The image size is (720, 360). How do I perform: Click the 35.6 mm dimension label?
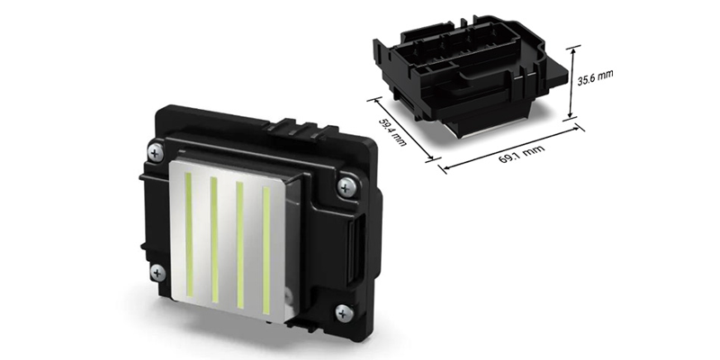pyautogui.click(x=594, y=81)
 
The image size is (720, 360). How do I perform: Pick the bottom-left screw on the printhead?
pyautogui.click(x=158, y=271)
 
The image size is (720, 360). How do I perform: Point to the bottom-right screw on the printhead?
pyautogui.click(x=344, y=312)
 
